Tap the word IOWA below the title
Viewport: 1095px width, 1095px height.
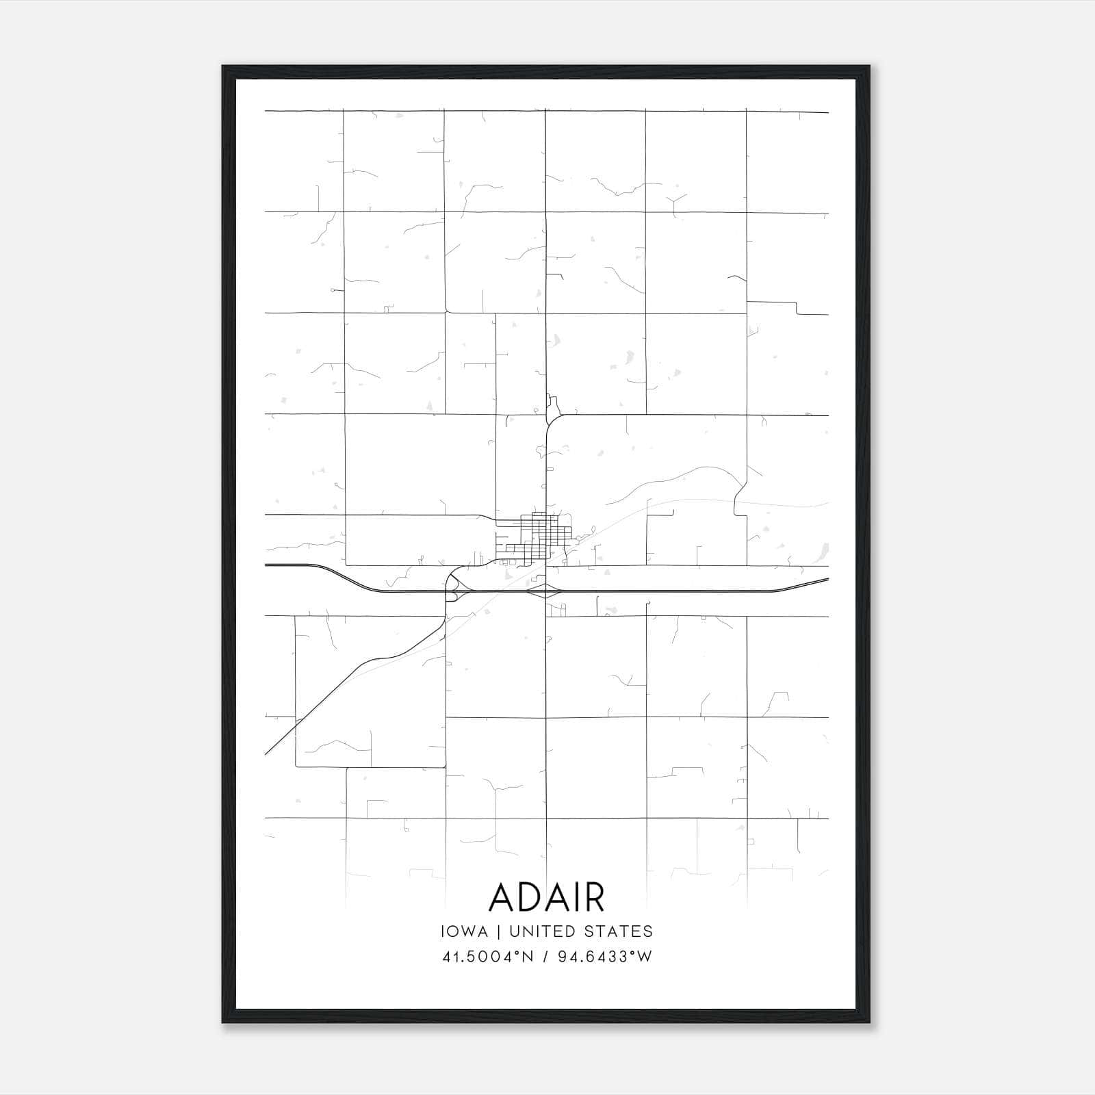pos(465,931)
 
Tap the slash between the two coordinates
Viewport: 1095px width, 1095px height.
pos(544,957)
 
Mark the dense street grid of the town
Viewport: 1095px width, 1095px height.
pos(538,538)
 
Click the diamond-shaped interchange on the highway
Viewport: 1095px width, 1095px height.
pos(545,591)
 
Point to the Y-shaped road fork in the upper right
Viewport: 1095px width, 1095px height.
pos(673,203)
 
